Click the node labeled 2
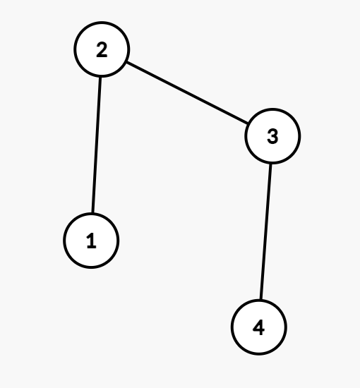click(102, 49)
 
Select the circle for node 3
click(272, 136)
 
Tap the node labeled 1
click(91, 241)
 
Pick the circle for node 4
click(259, 327)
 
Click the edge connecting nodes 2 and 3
click(187, 93)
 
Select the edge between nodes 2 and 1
click(97, 145)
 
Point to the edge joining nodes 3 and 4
click(266, 231)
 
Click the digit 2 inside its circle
click(102, 50)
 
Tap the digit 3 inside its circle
click(272, 136)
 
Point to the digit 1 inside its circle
click(91, 241)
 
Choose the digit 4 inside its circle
click(259, 327)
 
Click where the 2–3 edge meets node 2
click(127, 62)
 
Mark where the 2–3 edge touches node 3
click(248, 123)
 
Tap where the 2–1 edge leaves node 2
click(100, 78)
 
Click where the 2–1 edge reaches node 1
click(92, 212)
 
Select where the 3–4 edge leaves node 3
click(270, 164)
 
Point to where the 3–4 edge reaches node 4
click(261, 299)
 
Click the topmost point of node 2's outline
click(102, 22)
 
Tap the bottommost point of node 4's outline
click(259, 355)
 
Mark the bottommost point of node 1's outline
click(91, 269)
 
